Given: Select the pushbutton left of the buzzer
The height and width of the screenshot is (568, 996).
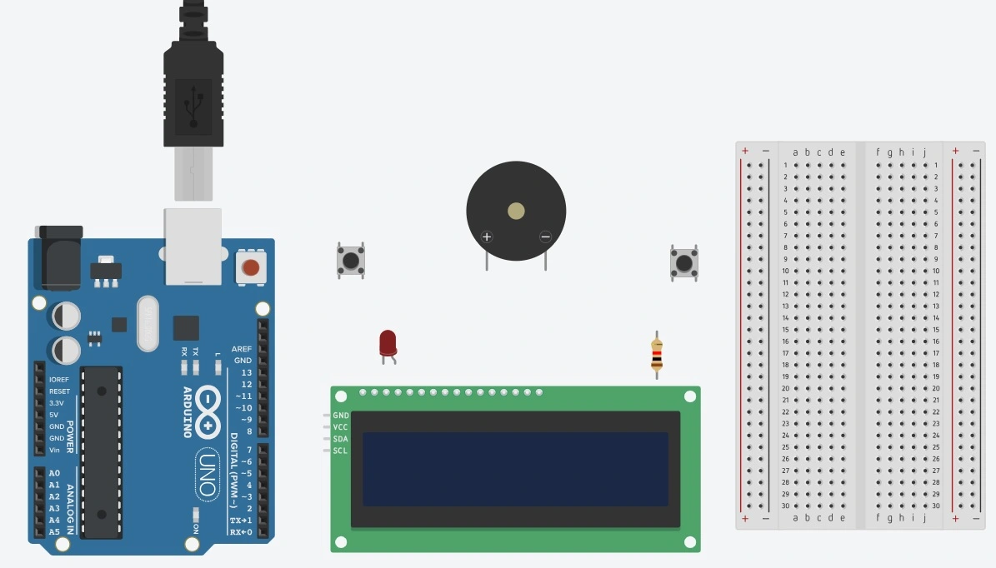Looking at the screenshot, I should [350, 261].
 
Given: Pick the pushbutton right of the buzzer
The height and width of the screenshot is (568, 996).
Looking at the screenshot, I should [684, 262].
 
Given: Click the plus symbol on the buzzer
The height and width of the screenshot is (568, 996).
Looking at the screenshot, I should [488, 237].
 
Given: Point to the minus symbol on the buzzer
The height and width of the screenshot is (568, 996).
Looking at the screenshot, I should [545, 237].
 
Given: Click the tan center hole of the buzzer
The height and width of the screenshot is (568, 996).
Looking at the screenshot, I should [516, 211].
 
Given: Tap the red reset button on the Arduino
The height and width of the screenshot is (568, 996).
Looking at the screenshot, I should [250, 267].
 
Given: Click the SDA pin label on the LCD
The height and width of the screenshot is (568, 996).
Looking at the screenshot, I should [341, 439].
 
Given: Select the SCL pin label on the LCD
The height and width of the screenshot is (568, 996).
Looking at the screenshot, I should [341, 451].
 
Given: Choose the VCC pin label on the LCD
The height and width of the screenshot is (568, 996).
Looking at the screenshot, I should [341, 427].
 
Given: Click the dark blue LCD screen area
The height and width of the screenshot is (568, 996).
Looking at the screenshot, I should [516, 469].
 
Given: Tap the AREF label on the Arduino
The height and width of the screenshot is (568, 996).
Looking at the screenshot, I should [242, 349].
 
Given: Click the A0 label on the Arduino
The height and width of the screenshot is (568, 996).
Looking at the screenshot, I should [54, 473].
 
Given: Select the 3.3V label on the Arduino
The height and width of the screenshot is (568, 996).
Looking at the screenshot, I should [57, 403].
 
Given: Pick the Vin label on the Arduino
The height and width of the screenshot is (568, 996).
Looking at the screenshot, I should [55, 450].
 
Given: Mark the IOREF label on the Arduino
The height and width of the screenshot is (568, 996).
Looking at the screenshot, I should [59, 380].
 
